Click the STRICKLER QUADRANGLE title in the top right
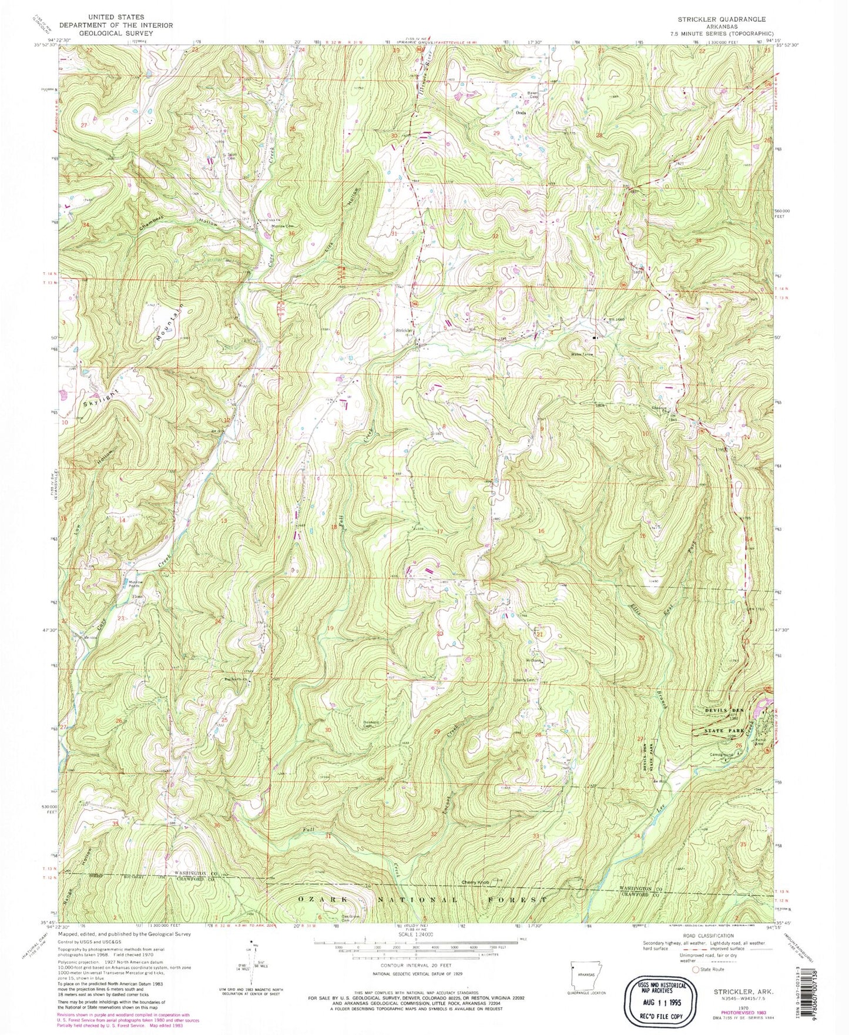(722, 19)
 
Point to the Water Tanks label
(582, 354)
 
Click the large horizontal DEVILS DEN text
(724, 711)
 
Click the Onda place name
(519, 112)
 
